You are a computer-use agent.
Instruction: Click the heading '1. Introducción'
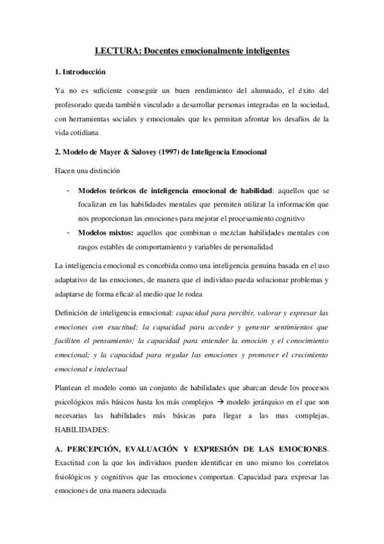point(81,71)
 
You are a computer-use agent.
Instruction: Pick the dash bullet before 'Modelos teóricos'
point(68,191)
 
